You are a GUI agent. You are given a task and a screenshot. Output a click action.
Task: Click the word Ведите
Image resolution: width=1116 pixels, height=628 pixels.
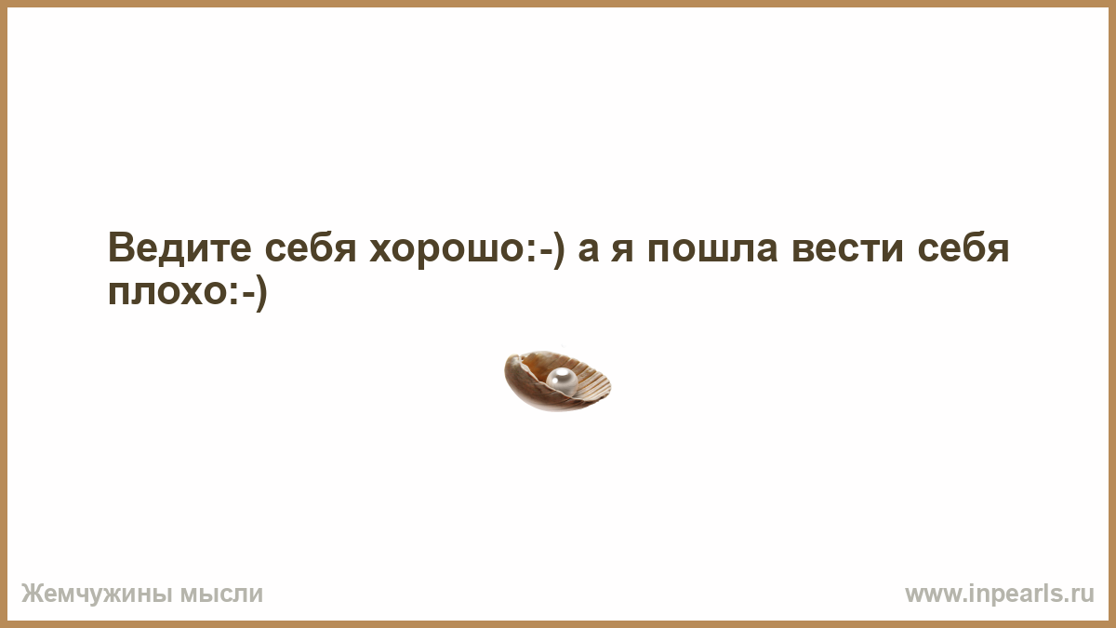point(179,247)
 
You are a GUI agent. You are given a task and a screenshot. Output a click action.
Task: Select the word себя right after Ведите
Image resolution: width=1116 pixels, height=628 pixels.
point(311,247)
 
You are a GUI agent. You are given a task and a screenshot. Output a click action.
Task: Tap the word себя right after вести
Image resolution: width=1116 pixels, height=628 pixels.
point(963,247)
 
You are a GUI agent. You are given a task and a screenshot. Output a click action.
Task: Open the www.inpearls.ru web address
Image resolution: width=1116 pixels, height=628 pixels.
point(1000,595)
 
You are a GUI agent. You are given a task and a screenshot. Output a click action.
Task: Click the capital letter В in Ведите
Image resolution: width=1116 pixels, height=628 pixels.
point(122,247)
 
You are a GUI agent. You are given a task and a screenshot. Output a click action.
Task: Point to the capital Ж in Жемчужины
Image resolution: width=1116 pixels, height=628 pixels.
point(33,594)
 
